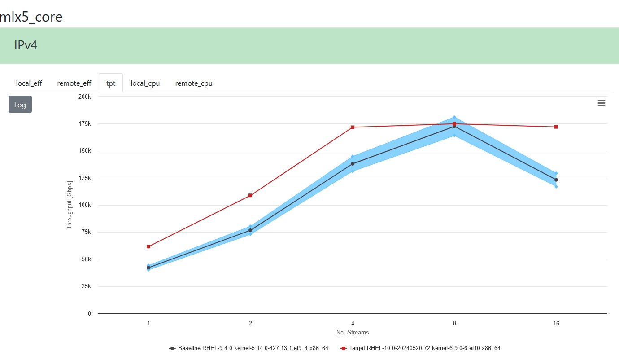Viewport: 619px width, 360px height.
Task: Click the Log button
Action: pyautogui.click(x=20, y=105)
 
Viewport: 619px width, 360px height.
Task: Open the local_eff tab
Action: pyautogui.click(x=29, y=83)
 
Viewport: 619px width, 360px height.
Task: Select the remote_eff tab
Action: pyautogui.click(x=74, y=83)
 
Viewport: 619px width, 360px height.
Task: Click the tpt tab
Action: pyautogui.click(x=111, y=83)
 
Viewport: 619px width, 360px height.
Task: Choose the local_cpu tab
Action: pyautogui.click(x=145, y=83)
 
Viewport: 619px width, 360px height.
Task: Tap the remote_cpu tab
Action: pyautogui.click(x=194, y=83)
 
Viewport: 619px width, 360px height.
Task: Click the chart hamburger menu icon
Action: pyautogui.click(x=602, y=103)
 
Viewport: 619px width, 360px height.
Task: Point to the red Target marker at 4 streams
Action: pyautogui.click(x=353, y=127)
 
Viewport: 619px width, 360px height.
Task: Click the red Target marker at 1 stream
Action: pyautogui.click(x=148, y=246)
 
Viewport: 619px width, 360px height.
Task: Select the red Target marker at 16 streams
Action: pyautogui.click(x=556, y=127)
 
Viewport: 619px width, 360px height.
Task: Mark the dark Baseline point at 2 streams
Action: pyautogui.click(x=250, y=230)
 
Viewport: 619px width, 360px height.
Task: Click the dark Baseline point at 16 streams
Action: pyautogui.click(x=556, y=180)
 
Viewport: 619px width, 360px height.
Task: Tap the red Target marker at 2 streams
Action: pyautogui.click(x=250, y=195)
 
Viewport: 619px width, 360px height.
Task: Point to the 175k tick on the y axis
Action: pyautogui.click(x=85, y=124)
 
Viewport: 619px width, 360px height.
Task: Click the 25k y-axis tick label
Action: pyautogui.click(x=86, y=286)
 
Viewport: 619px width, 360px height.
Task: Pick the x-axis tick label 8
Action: pyautogui.click(x=454, y=323)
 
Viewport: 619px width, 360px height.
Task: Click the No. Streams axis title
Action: pyautogui.click(x=353, y=333)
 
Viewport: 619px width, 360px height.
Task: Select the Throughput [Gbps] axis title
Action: pyautogui.click(x=69, y=206)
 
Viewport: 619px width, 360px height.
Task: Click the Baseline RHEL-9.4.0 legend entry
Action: pyautogui.click(x=249, y=348)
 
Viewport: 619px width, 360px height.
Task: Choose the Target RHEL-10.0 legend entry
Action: pyautogui.click(x=421, y=348)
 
